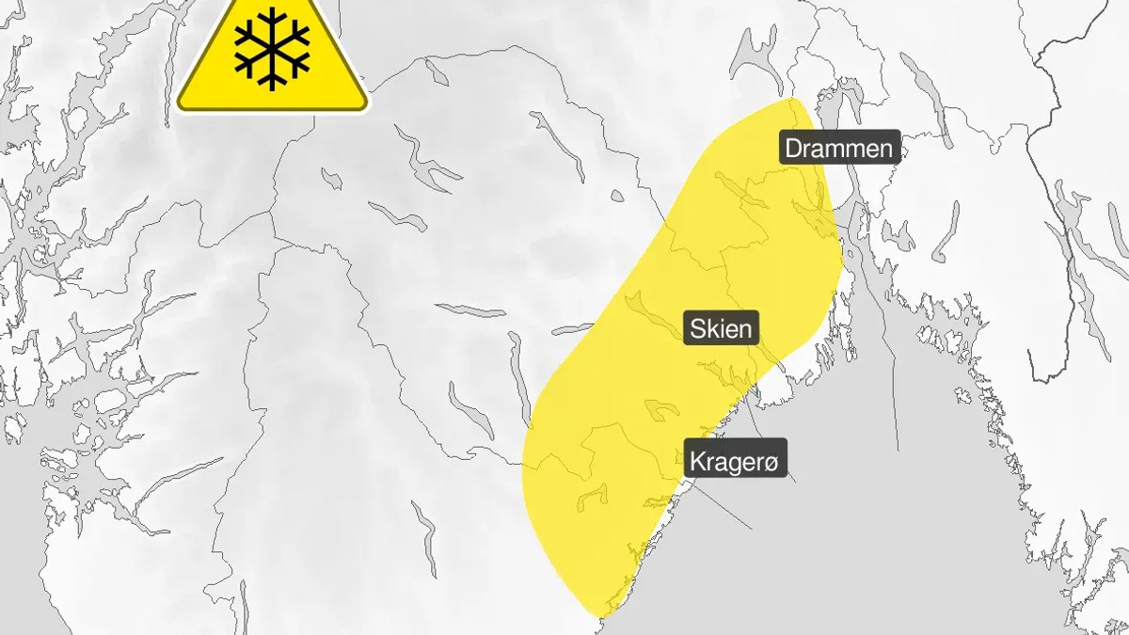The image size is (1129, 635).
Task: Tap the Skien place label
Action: tap(722, 328)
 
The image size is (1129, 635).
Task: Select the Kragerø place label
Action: tap(736, 461)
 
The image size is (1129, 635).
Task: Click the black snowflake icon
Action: tap(272, 49)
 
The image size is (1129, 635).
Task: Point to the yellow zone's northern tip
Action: tap(793, 99)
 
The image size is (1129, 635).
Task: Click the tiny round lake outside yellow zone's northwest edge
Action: tap(616, 197)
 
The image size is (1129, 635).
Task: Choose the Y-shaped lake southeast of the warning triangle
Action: tap(423, 160)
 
